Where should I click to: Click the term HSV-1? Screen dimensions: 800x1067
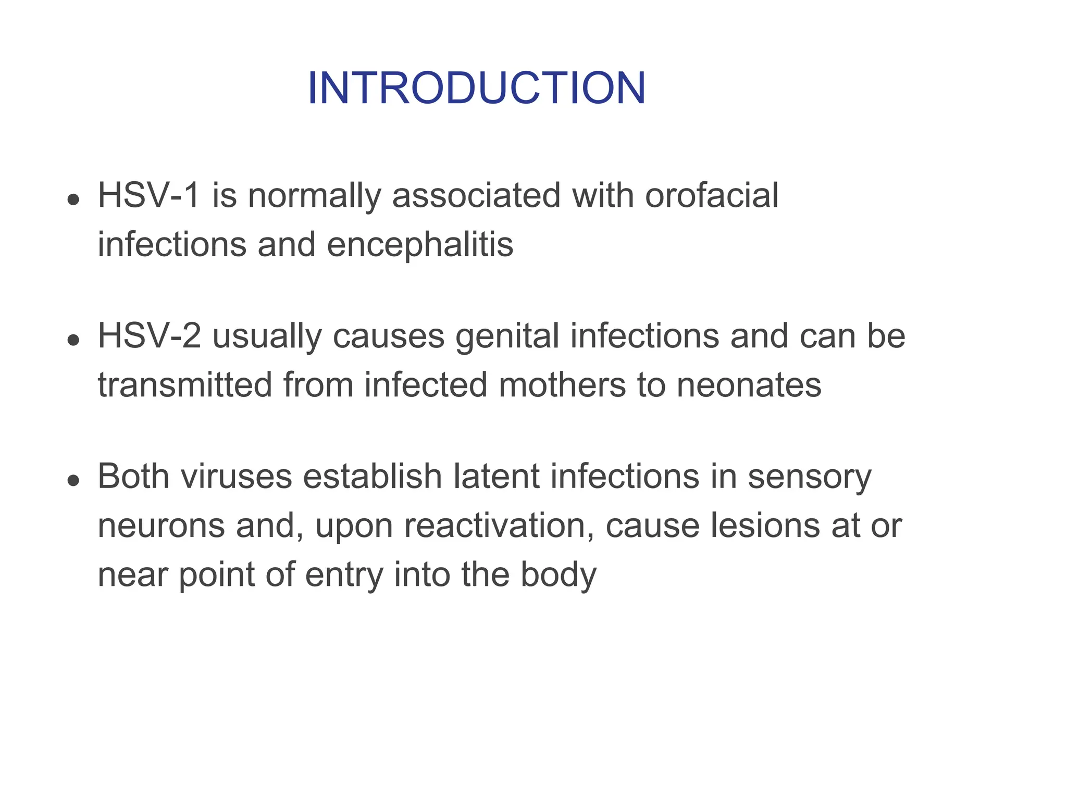click(x=149, y=196)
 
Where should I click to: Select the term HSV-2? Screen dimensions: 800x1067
click(x=149, y=336)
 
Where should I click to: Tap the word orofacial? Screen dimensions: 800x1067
click(x=711, y=196)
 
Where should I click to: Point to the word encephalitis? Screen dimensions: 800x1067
click(x=420, y=245)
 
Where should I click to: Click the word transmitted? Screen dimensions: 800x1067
click(x=185, y=385)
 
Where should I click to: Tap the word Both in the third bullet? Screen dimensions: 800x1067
click(x=133, y=476)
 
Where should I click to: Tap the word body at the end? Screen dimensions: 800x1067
click(x=559, y=575)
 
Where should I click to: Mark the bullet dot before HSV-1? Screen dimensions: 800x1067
click(x=73, y=199)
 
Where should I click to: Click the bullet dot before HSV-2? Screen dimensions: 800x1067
click(x=73, y=340)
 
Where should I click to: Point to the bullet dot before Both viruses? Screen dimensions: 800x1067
click(x=73, y=480)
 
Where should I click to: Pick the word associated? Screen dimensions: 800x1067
click(x=476, y=196)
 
